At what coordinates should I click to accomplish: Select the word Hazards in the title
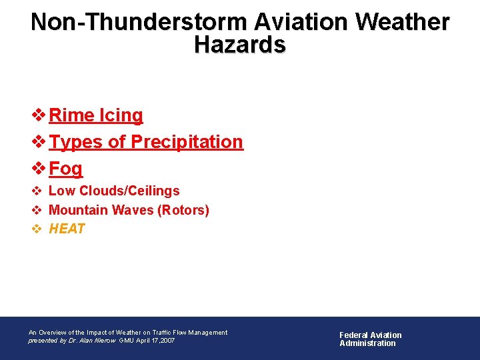click(240, 45)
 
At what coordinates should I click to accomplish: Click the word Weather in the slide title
click(403, 22)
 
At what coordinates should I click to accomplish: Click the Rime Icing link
click(96, 115)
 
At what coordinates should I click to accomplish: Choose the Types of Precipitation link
click(146, 142)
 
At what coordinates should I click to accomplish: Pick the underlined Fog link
click(66, 169)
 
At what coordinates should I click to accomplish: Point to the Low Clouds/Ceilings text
click(114, 191)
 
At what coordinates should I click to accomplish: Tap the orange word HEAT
click(67, 229)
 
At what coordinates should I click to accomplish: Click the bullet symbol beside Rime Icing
click(39, 115)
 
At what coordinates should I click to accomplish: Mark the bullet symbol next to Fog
click(39, 169)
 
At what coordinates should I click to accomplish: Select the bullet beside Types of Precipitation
click(39, 142)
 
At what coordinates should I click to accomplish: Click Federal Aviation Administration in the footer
click(370, 339)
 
